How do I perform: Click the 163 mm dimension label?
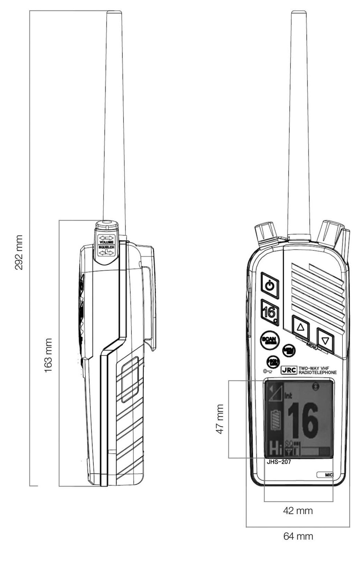tap(48, 355)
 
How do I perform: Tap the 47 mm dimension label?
tap(220, 419)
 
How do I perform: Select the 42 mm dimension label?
tap(298, 510)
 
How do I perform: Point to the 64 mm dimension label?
tap(298, 536)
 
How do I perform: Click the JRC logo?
tap(289, 370)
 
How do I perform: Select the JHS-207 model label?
tap(279, 462)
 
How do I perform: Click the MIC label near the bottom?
tap(329, 475)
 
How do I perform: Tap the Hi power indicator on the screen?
tap(276, 449)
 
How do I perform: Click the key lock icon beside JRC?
tap(268, 371)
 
